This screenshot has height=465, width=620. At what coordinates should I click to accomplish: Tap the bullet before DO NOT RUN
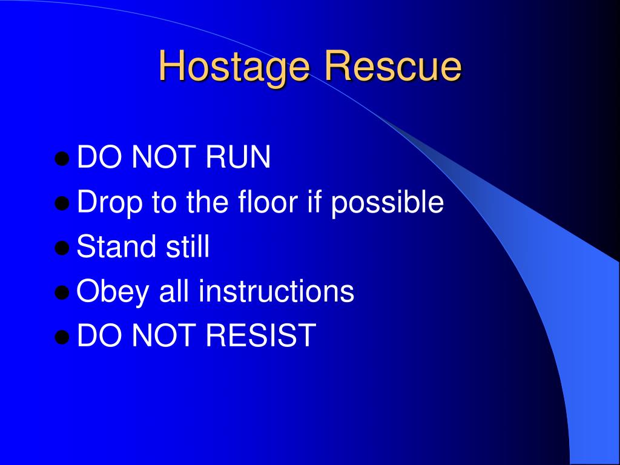[61, 159]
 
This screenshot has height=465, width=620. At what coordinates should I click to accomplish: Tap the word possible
[387, 203]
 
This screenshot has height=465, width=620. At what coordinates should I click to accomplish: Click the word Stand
[114, 247]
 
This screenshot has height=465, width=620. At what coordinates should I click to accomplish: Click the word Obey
[113, 292]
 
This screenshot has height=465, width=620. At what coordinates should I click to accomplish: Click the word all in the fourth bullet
[174, 291]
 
